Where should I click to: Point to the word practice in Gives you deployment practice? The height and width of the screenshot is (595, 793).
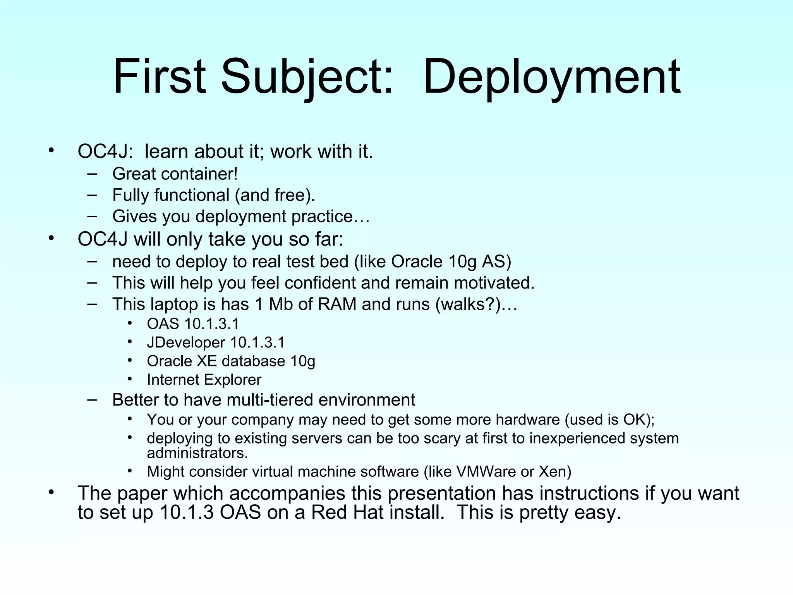(322, 217)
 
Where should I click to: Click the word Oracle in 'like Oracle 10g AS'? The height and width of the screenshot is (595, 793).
(417, 262)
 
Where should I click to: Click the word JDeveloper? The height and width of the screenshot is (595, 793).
(186, 343)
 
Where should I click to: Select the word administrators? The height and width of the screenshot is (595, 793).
(197, 453)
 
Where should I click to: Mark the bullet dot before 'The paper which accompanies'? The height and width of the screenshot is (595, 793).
(51, 492)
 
